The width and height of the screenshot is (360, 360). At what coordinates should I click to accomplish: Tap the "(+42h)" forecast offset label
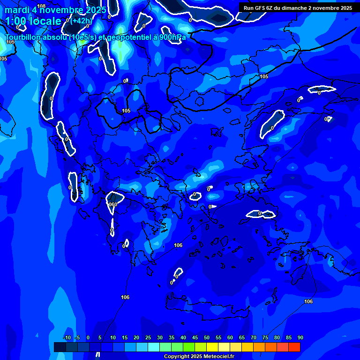[x=82, y=21]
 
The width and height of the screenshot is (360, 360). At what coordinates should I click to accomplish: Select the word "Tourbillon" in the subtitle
[x=23, y=37]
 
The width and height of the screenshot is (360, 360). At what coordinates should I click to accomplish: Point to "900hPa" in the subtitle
[x=172, y=37]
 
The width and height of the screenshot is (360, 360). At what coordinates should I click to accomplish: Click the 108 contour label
[x=41, y=6]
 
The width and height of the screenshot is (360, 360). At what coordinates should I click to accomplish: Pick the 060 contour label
[x=112, y=204]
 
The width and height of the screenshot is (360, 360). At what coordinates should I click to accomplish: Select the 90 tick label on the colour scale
[x=300, y=338]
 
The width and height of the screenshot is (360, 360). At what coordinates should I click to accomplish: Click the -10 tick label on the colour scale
[x=67, y=338]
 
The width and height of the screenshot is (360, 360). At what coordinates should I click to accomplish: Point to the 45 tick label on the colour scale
[x=195, y=338]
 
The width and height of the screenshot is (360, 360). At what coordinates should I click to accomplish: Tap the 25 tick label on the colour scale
[x=148, y=338]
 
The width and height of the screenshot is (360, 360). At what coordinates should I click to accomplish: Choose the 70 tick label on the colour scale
[x=254, y=338]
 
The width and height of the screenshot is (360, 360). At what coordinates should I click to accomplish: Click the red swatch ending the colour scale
[x=294, y=347]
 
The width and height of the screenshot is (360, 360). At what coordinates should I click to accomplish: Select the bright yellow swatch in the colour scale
[x=212, y=347]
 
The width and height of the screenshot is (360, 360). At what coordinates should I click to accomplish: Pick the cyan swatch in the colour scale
[x=154, y=347]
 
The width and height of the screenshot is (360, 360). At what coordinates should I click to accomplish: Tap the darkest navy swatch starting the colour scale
[x=60, y=347]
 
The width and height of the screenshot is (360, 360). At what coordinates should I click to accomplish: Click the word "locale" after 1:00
[x=45, y=21]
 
